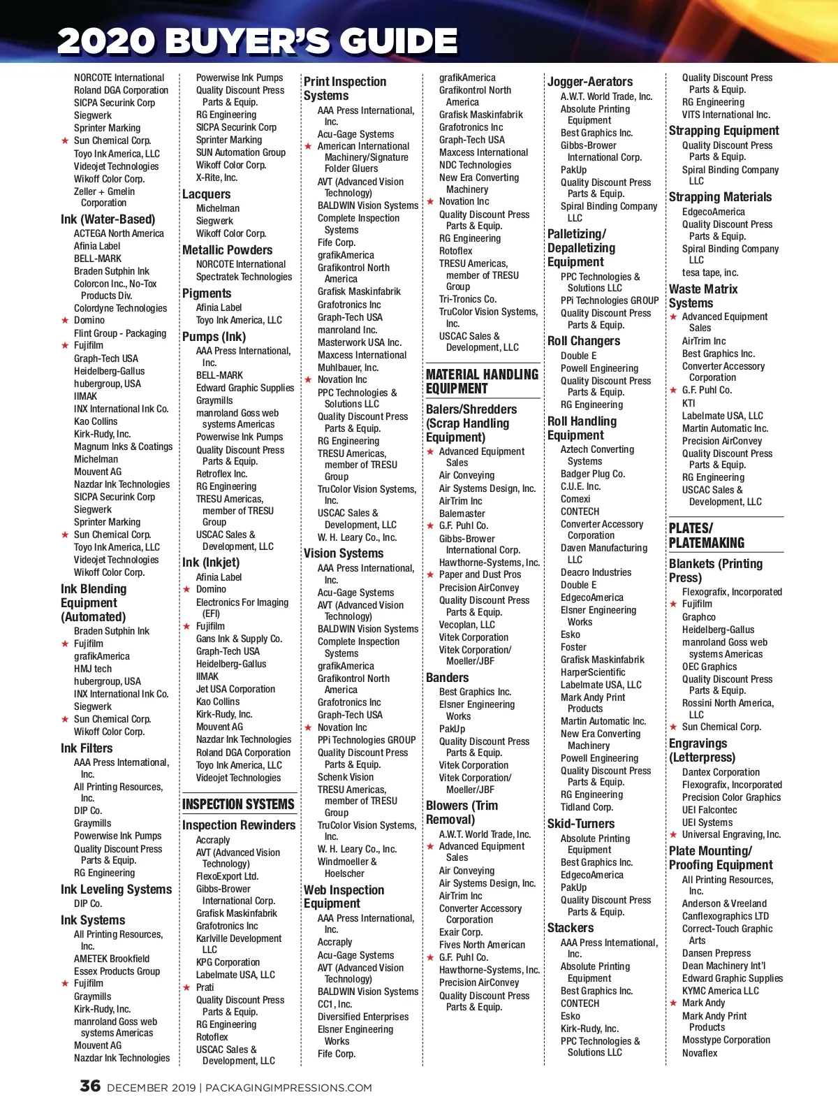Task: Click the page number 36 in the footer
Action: [90, 1086]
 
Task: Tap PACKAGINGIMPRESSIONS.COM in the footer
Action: [288, 1088]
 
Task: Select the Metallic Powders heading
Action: [227, 250]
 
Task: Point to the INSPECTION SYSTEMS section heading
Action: [238, 804]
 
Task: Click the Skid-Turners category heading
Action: [580, 824]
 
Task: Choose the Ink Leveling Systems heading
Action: [116, 890]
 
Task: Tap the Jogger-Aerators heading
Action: [589, 82]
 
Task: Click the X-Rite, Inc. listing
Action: [216, 178]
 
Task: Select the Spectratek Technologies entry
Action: [244, 277]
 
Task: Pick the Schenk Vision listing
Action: [345, 777]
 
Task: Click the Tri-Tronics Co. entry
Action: [467, 299]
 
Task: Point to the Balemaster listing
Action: [462, 514]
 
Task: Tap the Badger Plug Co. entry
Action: [592, 474]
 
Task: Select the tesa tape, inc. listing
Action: [710, 273]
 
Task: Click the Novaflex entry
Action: [699, 1053]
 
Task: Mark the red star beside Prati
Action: [186, 988]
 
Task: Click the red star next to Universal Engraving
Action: [673, 835]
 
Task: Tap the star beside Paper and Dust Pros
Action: [430, 575]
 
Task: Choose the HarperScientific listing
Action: [592, 672]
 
